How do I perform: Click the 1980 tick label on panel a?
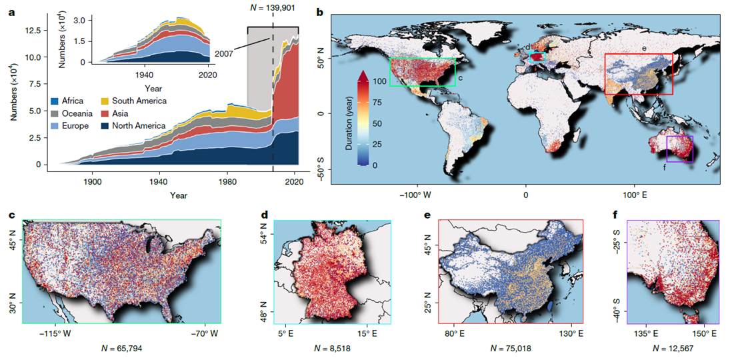point(228,181)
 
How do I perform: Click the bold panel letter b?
point(319,13)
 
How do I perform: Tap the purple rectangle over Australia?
point(679,149)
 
